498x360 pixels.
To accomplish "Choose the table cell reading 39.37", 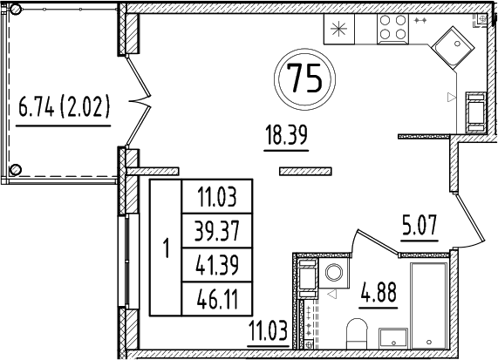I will [215, 230].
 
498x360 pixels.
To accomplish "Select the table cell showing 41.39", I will [215, 264].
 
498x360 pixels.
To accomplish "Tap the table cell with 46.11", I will [215, 299].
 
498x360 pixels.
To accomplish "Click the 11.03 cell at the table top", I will [215, 196].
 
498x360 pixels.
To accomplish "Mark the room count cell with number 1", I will [165, 248].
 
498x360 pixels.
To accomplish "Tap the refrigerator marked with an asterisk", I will [338, 27].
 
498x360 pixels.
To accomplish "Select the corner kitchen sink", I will [453, 45].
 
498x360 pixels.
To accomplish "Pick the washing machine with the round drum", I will [332, 274].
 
